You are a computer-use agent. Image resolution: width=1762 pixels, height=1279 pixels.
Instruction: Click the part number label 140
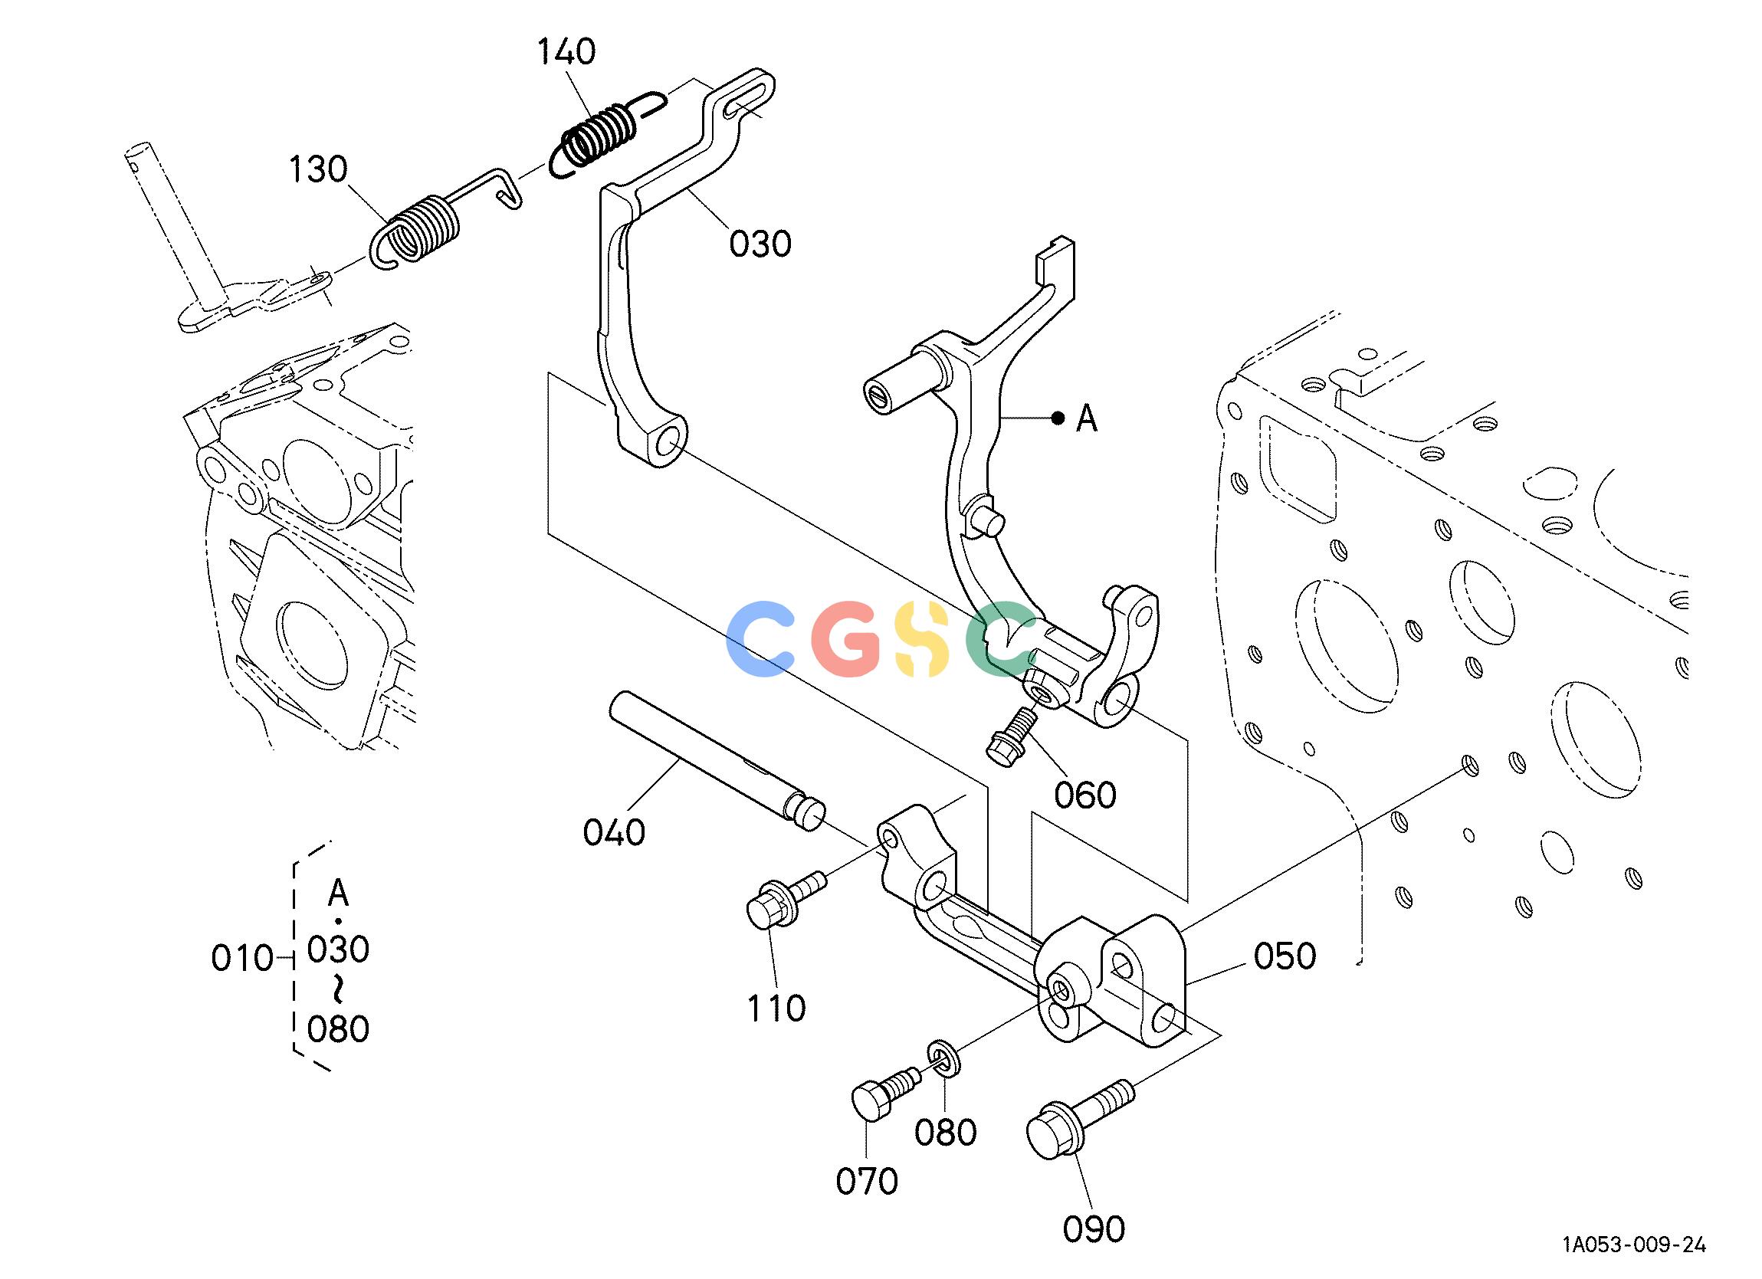(x=567, y=52)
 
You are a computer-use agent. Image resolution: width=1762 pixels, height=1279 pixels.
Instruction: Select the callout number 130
(x=319, y=169)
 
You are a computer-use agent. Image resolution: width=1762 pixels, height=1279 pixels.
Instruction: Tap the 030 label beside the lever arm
(x=760, y=244)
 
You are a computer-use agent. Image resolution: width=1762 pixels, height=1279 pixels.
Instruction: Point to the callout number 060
(x=1085, y=795)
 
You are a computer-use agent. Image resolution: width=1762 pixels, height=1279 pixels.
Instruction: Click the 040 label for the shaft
(x=614, y=832)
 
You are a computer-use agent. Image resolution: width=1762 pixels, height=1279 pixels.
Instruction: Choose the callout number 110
(x=776, y=1008)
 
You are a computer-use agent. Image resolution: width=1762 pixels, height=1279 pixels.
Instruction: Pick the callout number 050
(x=1285, y=956)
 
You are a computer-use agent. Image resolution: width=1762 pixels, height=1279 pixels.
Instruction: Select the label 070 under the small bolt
(x=867, y=1182)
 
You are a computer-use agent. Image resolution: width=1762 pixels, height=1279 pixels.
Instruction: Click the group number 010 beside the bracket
(x=242, y=959)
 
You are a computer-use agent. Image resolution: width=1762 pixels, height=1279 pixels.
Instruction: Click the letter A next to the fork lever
(x=1087, y=420)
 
